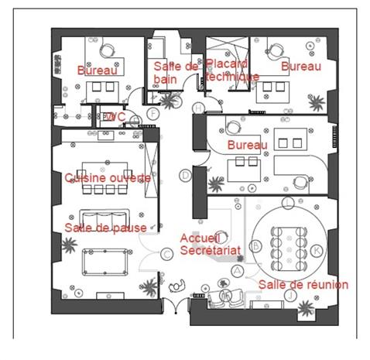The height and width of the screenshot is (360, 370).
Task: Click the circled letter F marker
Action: tap(153, 114)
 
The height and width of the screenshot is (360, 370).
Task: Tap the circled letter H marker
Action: tap(199, 108)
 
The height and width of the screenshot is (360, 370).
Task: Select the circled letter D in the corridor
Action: tap(185, 176)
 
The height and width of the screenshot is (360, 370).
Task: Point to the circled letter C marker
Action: tap(167, 254)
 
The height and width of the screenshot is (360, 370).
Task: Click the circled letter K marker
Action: tap(317, 250)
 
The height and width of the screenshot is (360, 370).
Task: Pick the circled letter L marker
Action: tap(288, 203)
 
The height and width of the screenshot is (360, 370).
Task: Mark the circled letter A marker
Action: tap(237, 271)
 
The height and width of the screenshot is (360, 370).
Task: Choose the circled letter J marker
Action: tap(291, 295)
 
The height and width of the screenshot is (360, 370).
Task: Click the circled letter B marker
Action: tap(255, 245)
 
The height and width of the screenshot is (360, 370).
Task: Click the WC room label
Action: tap(115, 117)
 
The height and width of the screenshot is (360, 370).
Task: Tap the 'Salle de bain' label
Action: tap(176, 73)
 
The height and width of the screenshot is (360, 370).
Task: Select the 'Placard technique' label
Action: tap(232, 70)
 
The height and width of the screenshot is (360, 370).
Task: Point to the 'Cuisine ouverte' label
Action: tap(108, 178)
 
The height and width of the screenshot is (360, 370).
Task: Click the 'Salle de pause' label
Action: tap(105, 228)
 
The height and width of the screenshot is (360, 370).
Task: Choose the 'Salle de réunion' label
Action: tap(303, 285)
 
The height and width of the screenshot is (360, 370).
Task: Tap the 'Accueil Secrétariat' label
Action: tap(211, 244)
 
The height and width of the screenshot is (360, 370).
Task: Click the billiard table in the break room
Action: tap(105, 262)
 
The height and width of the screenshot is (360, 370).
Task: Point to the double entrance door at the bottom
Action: tap(176, 306)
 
